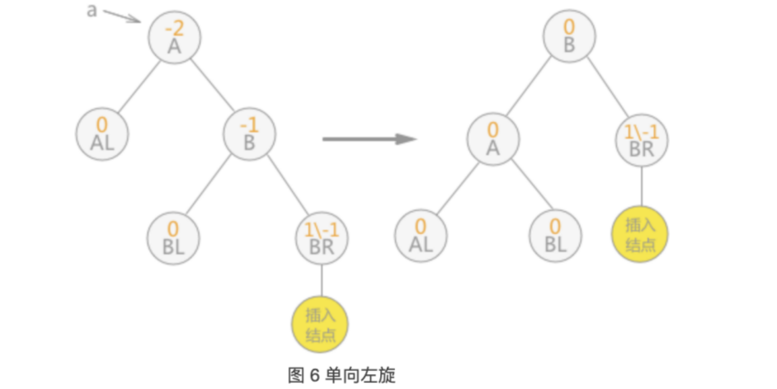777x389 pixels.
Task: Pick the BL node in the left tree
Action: [173, 238]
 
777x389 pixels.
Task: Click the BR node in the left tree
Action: [322, 238]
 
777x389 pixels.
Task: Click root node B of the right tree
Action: [569, 36]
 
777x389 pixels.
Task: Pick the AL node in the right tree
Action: [421, 236]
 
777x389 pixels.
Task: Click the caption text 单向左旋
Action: [360, 375]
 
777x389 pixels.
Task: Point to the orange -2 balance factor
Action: [174, 29]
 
